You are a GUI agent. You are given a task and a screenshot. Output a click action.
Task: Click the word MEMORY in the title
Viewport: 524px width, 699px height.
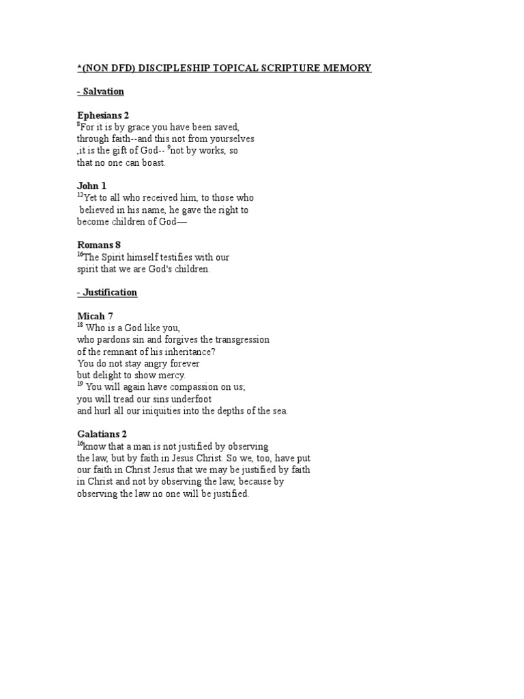click(347, 68)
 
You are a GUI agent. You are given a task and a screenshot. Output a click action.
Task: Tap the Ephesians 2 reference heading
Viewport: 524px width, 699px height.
click(102, 115)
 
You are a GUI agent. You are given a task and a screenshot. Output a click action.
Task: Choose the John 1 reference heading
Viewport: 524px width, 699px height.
click(91, 186)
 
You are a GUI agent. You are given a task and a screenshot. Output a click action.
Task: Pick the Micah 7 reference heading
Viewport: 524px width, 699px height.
click(95, 316)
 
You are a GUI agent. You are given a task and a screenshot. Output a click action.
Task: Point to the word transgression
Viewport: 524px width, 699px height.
click(242, 339)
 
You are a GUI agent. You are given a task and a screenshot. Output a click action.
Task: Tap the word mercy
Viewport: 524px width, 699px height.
click(171, 375)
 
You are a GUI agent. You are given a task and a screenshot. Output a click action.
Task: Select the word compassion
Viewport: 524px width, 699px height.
click(195, 387)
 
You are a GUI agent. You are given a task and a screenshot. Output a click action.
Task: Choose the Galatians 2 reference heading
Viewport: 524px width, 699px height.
click(102, 434)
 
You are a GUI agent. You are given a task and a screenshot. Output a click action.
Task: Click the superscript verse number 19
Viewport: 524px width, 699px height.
click(79, 385)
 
